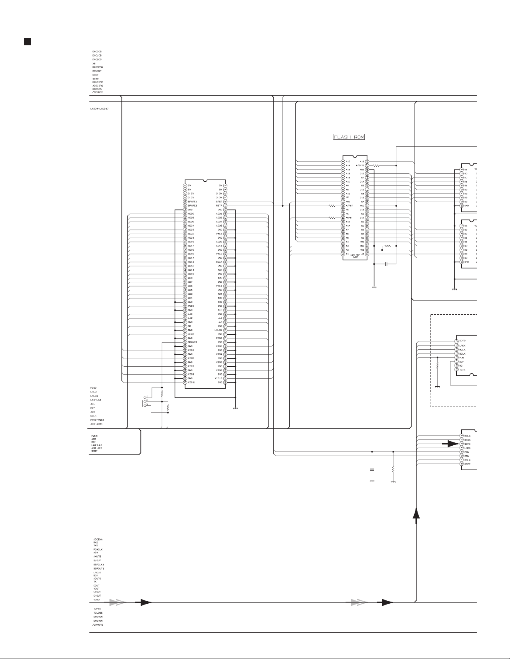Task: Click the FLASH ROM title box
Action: (349, 137)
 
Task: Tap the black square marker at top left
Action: (26, 42)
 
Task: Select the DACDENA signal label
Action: (98, 67)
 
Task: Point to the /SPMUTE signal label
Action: (98, 92)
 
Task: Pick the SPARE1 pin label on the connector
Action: (192, 202)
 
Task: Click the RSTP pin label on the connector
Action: (219, 206)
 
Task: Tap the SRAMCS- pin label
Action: (193, 342)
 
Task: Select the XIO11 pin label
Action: (192, 382)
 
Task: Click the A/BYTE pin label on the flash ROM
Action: (360, 165)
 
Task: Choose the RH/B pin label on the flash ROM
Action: (348, 218)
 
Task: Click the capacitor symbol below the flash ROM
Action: (386, 264)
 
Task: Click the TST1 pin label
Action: (462, 370)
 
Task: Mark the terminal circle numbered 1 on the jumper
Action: (144, 397)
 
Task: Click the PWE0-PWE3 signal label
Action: (97, 420)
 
